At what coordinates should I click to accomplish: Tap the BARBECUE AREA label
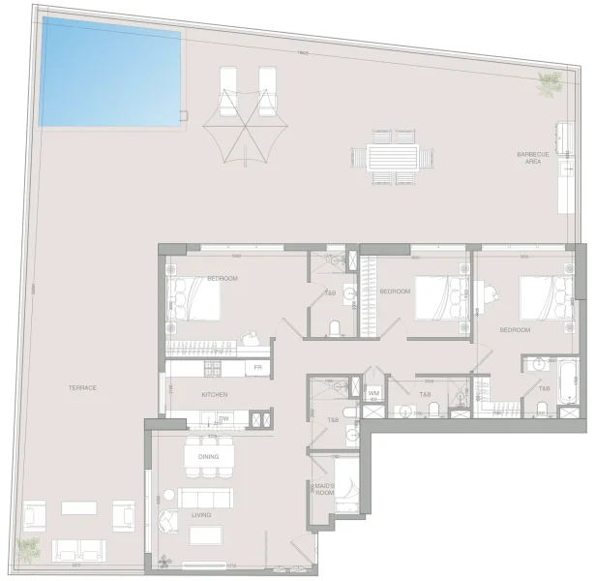pyautogui.click(x=533, y=158)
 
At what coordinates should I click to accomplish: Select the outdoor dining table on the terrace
pyautogui.click(x=392, y=156)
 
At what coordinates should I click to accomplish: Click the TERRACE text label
pyautogui.click(x=82, y=387)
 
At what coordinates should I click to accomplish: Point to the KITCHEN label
pyautogui.click(x=214, y=395)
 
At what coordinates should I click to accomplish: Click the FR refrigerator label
pyautogui.click(x=258, y=368)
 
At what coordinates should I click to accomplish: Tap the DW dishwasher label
pyautogui.click(x=223, y=418)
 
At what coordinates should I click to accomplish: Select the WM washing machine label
pyautogui.click(x=374, y=394)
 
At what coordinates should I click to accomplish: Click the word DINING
pyautogui.click(x=208, y=457)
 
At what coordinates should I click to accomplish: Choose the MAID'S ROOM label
pyautogui.click(x=323, y=490)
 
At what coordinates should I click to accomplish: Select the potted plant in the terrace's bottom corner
pyautogui.click(x=29, y=548)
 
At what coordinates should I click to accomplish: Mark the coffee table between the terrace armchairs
pyautogui.click(x=81, y=507)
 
